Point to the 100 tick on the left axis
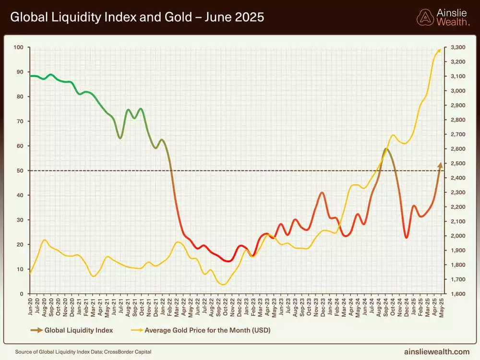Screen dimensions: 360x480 (19, 48)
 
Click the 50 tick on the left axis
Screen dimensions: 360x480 (20, 171)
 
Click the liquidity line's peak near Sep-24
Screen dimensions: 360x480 (386, 149)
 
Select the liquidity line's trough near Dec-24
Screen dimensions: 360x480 (406, 237)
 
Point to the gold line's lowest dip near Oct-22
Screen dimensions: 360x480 (223, 285)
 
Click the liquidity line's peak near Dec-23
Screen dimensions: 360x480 (322, 192)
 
